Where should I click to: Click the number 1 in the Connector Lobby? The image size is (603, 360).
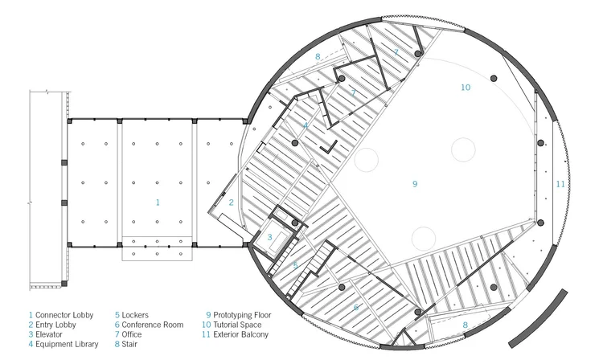(x=158, y=202)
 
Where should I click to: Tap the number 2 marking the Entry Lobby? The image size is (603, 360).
(x=231, y=202)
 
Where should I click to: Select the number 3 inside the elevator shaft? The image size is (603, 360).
(x=270, y=237)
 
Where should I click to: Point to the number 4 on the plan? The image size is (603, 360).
(x=306, y=126)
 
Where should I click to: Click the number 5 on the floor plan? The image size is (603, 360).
(x=294, y=265)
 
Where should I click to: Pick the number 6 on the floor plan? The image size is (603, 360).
(x=356, y=307)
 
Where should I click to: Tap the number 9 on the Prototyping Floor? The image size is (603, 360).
(x=415, y=184)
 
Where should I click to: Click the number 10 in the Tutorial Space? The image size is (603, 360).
(x=465, y=87)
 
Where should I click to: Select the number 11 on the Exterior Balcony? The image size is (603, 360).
(x=560, y=184)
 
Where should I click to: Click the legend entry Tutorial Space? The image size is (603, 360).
(x=241, y=325)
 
